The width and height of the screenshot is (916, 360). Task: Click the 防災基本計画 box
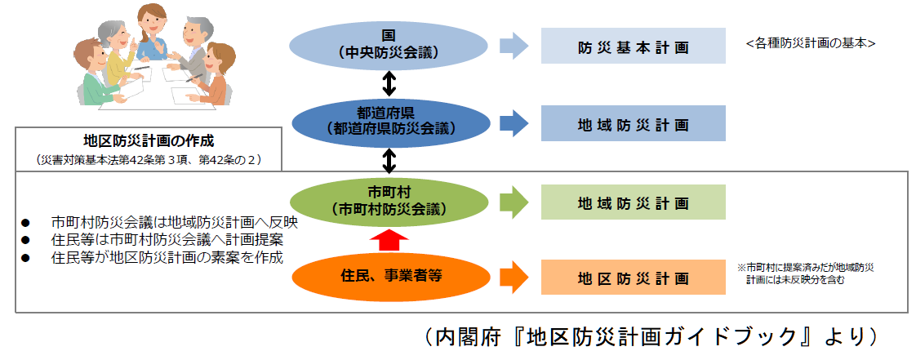click(x=633, y=47)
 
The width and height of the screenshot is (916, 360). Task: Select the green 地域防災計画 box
click(x=633, y=202)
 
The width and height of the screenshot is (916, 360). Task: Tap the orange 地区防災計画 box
click(x=633, y=278)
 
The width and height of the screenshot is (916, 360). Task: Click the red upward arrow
click(x=389, y=239)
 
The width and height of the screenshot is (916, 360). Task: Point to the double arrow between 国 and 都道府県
click(x=389, y=82)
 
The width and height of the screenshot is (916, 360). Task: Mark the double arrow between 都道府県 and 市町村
click(x=389, y=159)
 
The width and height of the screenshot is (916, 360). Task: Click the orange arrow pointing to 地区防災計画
click(x=513, y=277)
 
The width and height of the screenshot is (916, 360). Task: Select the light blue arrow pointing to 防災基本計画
click(x=513, y=46)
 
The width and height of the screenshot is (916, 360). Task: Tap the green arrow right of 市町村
click(x=513, y=202)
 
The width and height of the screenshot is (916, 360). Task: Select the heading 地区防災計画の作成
click(x=149, y=140)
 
